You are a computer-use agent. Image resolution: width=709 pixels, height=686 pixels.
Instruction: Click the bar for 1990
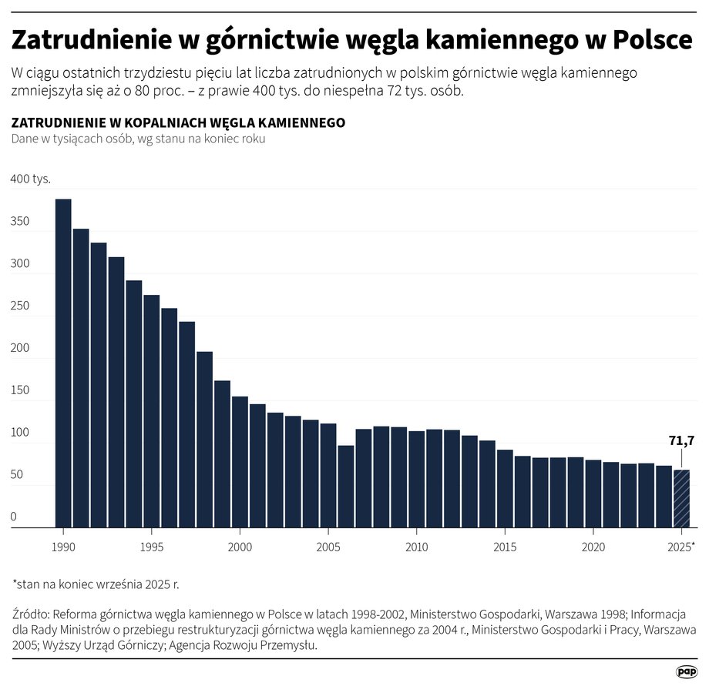(x=63, y=363)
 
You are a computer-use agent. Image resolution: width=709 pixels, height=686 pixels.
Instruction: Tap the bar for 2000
(x=240, y=461)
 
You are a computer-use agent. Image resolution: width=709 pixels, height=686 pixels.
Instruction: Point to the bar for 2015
(x=505, y=488)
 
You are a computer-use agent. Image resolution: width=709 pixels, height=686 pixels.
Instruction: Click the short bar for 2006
(x=346, y=486)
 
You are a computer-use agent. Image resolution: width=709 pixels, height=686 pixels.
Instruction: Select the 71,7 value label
(x=681, y=441)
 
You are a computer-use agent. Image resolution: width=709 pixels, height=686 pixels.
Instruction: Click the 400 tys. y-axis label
(x=30, y=179)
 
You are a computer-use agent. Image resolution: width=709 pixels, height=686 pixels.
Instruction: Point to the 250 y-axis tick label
(x=20, y=306)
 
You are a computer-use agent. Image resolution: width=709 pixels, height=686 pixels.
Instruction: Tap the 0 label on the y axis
(x=13, y=517)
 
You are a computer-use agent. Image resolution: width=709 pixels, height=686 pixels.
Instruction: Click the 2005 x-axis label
(x=328, y=546)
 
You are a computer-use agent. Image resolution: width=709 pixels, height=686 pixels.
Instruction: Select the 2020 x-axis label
(x=593, y=546)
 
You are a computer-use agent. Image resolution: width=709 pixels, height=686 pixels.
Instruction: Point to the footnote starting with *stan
(x=96, y=584)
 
